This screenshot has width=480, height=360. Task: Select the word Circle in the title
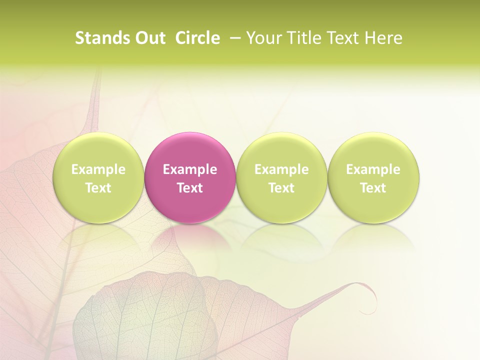click(x=197, y=38)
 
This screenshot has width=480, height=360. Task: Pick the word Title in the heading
click(x=302, y=38)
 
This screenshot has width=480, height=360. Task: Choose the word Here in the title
click(x=383, y=38)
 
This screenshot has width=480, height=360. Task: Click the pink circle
click(x=190, y=150)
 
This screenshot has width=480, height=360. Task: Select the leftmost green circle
click(x=98, y=150)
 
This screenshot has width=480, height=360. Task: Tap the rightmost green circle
click(x=373, y=150)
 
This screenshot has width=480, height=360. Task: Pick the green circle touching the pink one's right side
click(x=281, y=150)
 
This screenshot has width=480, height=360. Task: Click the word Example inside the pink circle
click(x=190, y=169)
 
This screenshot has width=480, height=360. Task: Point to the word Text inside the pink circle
click(x=190, y=188)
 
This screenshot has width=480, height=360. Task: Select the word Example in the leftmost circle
click(x=98, y=169)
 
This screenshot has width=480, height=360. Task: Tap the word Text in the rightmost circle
click(x=373, y=188)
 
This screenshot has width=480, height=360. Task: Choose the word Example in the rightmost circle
click(x=373, y=169)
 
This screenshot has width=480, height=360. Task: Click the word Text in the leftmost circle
click(x=98, y=188)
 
